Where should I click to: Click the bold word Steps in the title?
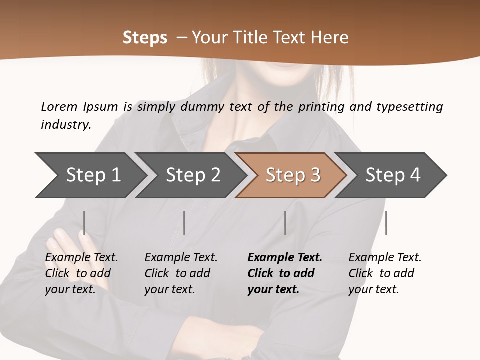coord(145,38)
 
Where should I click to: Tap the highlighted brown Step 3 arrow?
coord(293,175)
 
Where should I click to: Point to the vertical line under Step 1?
coord(84,223)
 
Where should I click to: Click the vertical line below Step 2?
coord(184,223)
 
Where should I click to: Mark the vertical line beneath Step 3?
coord(285,223)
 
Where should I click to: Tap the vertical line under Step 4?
coord(386,223)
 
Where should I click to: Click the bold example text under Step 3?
coord(284,273)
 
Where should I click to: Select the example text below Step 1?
coord(81,273)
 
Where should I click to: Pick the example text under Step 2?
coord(181,273)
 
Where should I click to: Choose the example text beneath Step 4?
coord(385,273)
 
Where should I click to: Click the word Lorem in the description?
coord(59,106)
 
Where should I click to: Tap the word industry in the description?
coord(66,125)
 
